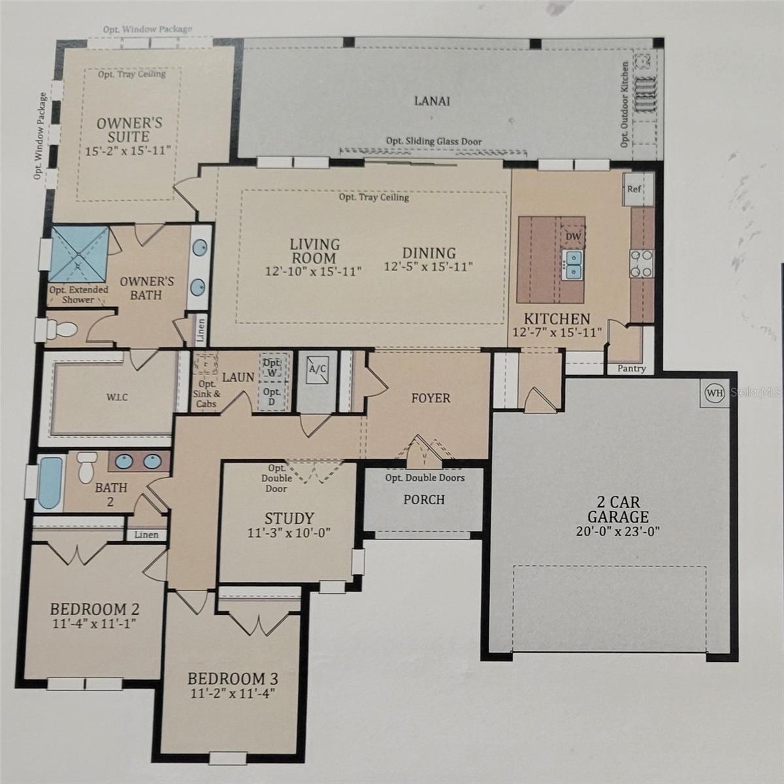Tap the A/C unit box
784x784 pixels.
click(318, 369)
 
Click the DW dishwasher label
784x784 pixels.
click(573, 236)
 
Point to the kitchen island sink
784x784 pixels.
click(573, 265)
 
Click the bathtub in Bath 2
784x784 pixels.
click(50, 483)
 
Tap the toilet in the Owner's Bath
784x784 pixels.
click(60, 329)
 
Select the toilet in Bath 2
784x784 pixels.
click(86, 467)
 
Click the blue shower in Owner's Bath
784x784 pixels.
click(79, 254)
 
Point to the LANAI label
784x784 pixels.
click(432, 101)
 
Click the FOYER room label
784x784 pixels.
click(431, 398)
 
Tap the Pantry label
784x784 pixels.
click(631, 368)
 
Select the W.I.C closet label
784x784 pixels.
click(117, 397)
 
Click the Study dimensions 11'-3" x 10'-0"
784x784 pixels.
click(289, 532)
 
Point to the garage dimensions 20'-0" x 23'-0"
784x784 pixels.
click(617, 531)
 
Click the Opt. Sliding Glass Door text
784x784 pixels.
click(434, 141)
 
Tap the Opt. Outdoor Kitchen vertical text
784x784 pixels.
click(625, 105)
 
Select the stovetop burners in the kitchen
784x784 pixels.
click(642, 264)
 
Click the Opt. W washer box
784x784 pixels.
click(272, 367)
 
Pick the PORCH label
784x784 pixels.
click(424, 499)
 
